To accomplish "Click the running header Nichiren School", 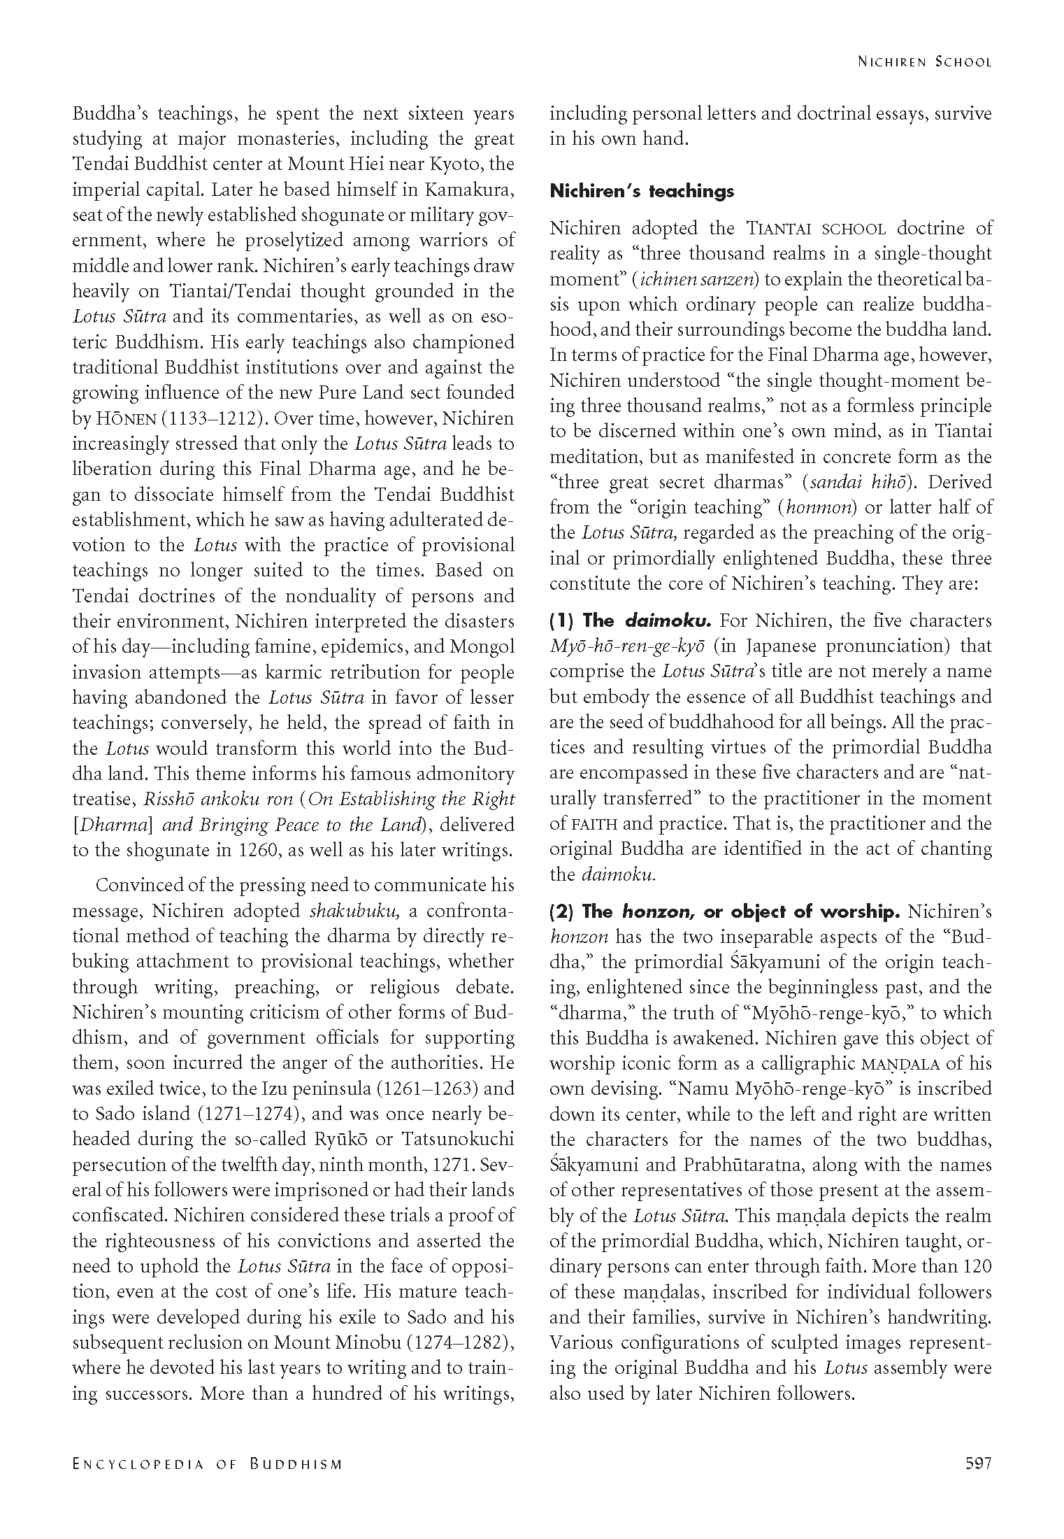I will pyautogui.click(x=924, y=62).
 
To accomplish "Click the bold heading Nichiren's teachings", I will pyautogui.click(x=642, y=191).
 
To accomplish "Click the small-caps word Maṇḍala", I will pyautogui.click(x=899, y=1064).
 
